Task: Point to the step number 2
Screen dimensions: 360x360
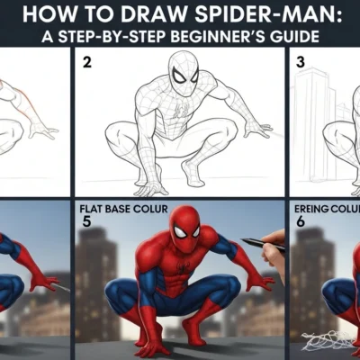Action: click(87, 63)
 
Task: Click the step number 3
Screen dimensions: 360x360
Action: click(300, 65)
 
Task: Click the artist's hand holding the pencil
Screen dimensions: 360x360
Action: click(276, 245)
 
